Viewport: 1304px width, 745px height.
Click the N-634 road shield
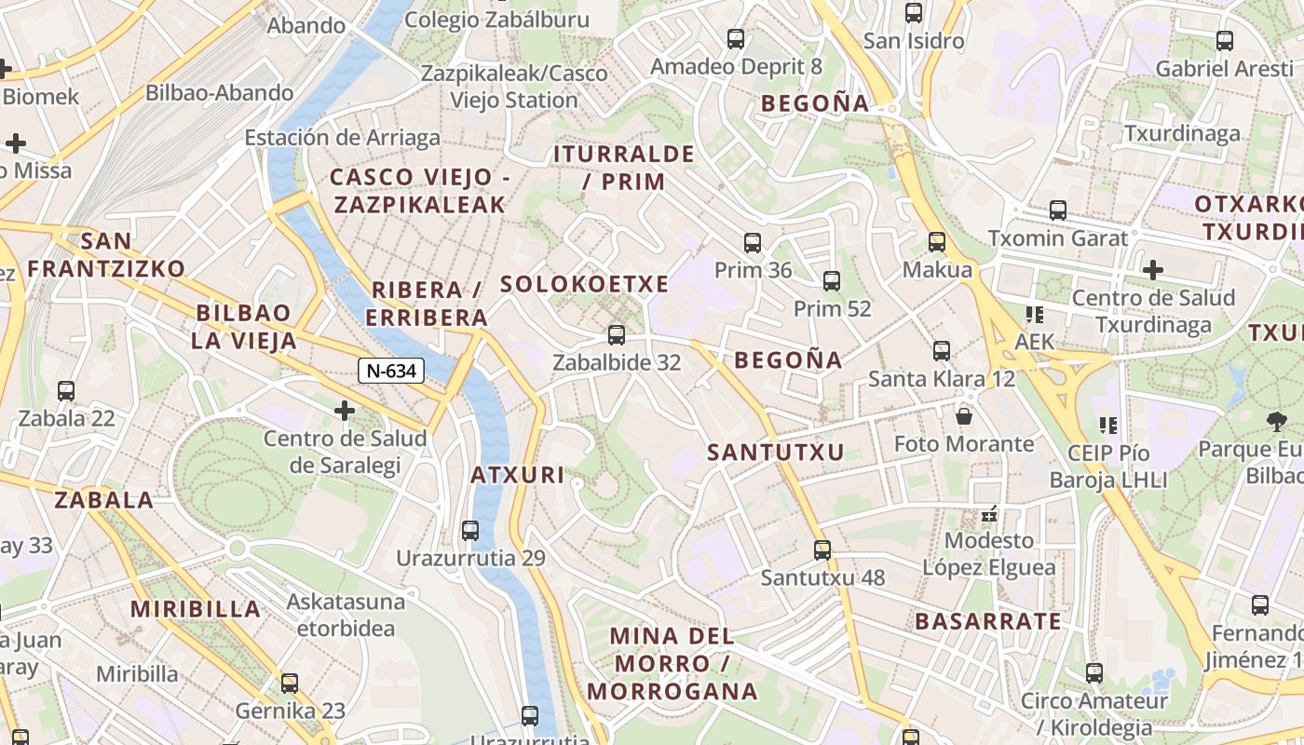click(391, 371)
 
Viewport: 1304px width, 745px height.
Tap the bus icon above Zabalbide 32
click(616, 335)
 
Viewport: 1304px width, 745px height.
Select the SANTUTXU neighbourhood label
click(776, 453)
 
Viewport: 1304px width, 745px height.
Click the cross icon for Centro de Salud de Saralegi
click(345, 410)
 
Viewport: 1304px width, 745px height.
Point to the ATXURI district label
click(518, 475)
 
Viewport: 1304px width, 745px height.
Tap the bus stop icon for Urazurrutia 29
click(470, 531)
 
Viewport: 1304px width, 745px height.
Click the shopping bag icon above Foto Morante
click(964, 415)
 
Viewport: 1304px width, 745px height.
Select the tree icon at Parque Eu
click(1277, 421)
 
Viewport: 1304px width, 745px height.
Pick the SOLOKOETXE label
click(585, 284)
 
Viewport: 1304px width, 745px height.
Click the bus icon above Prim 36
click(753, 243)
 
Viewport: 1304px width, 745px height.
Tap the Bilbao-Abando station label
click(220, 92)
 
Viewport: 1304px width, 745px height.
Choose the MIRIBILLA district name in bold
click(196, 609)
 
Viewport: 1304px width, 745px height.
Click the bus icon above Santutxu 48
click(822, 549)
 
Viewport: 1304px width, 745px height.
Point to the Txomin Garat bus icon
click(1058, 210)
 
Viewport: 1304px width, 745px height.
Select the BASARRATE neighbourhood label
click(988, 621)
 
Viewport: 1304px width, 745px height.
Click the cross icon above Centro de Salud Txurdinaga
click(1153, 270)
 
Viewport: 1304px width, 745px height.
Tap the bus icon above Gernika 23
click(290, 684)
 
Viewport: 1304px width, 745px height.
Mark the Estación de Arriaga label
click(342, 138)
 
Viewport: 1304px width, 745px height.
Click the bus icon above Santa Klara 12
click(942, 351)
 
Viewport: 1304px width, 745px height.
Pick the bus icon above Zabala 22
click(65, 391)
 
